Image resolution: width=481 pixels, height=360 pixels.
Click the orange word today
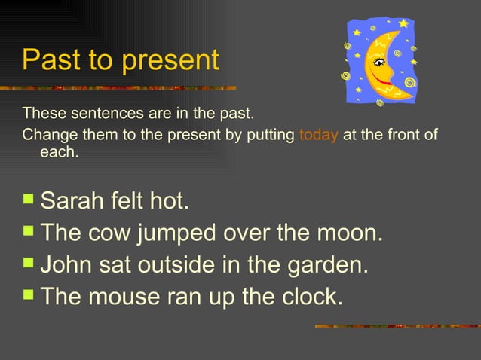(317, 136)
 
